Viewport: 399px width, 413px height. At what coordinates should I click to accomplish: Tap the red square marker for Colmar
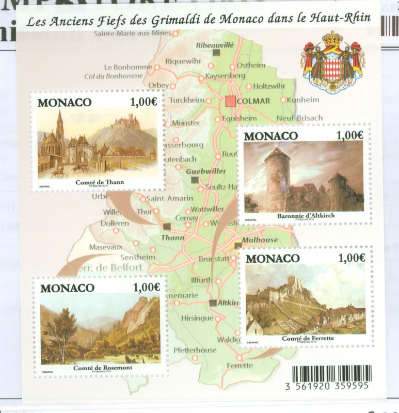point(230,101)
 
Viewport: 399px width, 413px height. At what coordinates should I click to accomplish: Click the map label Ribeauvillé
point(215,45)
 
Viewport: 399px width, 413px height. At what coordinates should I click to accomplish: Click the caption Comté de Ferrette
point(308,338)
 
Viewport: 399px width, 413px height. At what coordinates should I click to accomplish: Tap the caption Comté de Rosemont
point(102,367)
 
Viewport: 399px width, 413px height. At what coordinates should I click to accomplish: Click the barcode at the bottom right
point(331,373)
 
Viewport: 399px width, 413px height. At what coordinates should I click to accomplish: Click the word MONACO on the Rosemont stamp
point(68,288)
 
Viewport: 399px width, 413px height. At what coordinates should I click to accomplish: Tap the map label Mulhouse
point(261,240)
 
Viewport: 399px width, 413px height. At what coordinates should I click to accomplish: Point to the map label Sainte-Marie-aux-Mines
point(133,34)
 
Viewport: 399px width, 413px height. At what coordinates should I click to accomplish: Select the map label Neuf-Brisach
point(299,118)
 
